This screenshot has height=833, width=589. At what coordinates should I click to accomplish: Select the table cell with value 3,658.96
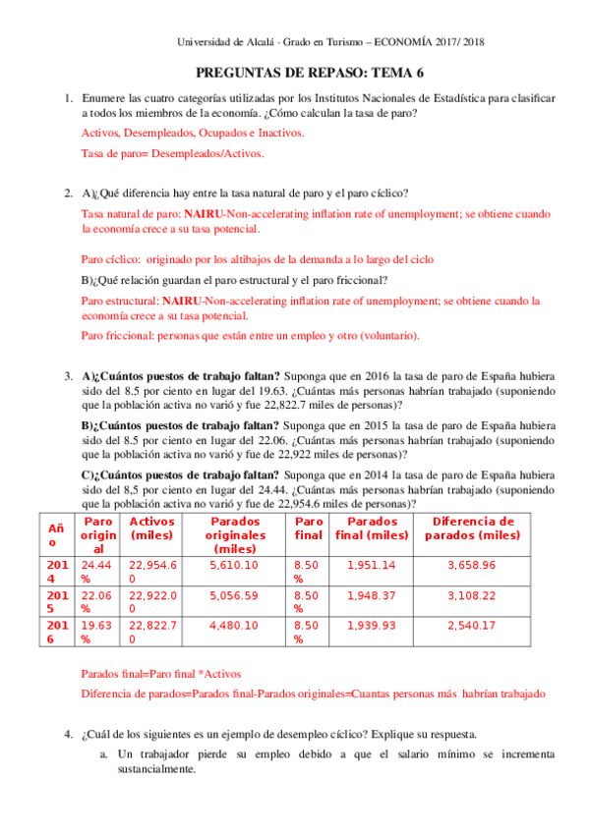click(471, 565)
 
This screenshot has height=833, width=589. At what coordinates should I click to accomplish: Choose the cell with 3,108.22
click(471, 595)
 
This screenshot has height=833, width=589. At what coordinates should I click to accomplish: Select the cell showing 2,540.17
click(471, 625)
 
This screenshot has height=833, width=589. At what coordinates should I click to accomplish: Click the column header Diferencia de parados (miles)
click(472, 528)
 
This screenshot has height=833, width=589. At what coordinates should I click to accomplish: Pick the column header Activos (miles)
click(152, 528)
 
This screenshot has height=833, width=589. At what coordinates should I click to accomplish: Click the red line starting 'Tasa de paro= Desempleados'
click(172, 153)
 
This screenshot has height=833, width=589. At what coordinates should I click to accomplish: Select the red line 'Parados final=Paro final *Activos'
click(160, 674)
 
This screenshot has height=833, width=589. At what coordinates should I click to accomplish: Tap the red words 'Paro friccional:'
click(116, 336)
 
